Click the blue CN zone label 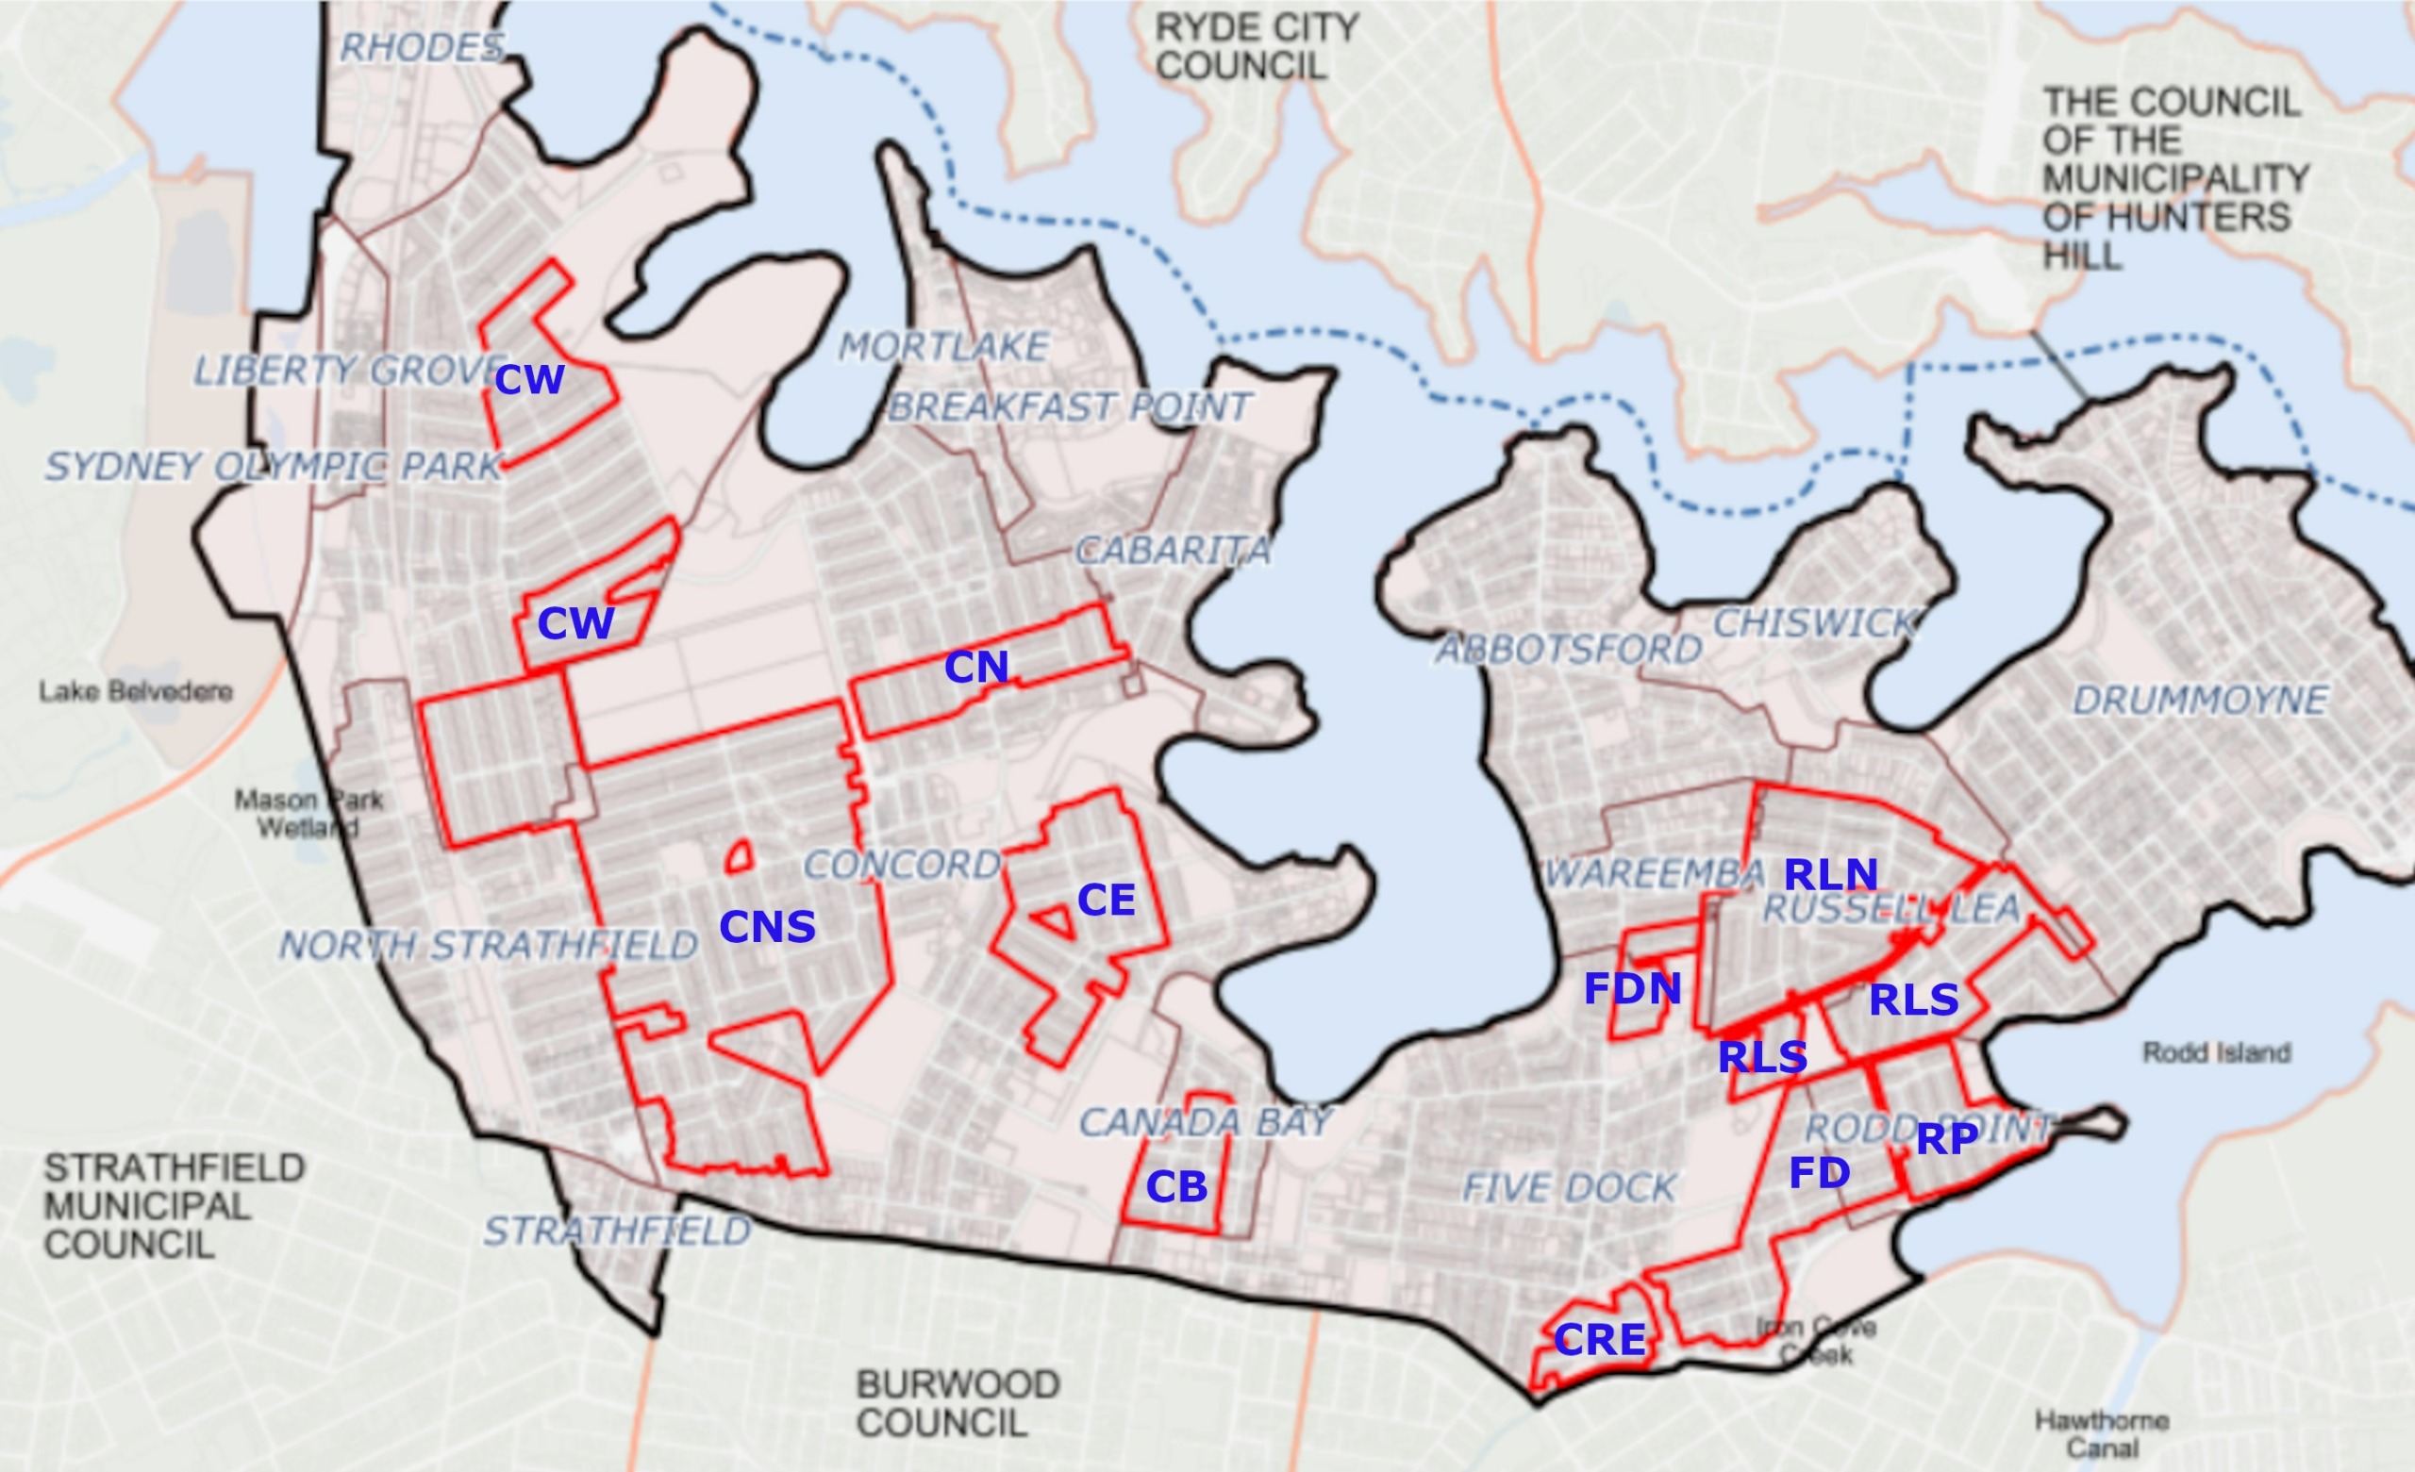(976, 668)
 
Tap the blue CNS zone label (768, 927)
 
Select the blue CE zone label (1106, 901)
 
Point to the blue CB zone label (1176, 1187)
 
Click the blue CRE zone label (1600, 1340)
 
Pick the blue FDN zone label (1633, 989)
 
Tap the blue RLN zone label (1831, 874)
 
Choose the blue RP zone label (1946, 1139)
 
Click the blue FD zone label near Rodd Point (1819, 1173)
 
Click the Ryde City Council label (1257, 46)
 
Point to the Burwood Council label (958, 1402)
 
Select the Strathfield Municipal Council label (175, 1206)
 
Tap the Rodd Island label (2215, 1052)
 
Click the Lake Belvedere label (135, 692)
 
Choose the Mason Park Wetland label (308, 814)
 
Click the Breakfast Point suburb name (1070, 406)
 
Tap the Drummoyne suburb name (2200, 701)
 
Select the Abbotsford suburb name (1569, 650)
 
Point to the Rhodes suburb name (423, 47)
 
